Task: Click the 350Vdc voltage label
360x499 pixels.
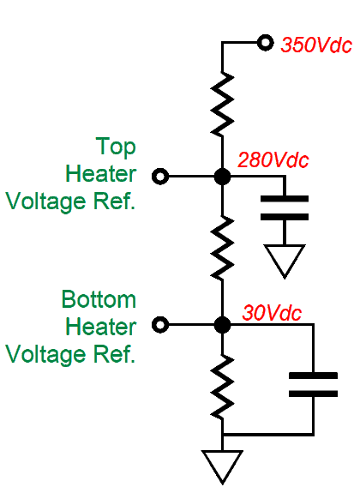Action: tap(316, 45)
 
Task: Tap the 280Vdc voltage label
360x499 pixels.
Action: tap(273, 159)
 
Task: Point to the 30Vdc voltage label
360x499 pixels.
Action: tap(272, 313)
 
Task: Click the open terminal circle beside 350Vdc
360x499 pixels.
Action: tap(265, 42)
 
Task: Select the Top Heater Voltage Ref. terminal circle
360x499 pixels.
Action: tap(160, 176)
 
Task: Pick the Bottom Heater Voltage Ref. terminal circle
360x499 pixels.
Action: tap(160, 325)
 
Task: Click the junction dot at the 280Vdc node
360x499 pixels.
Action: tap(222, 176)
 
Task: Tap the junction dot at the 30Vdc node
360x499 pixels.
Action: tap(222, 325)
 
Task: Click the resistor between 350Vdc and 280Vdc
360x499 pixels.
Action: tap(222, 105)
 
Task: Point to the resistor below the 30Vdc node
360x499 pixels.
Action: tap(222, 387)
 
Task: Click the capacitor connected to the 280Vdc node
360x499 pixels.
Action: tap(285, 208)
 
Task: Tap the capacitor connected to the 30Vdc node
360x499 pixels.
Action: tap(313, 385)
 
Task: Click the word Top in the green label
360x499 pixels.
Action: tap(116, 147)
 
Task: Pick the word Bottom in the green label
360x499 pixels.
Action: tap(99, 299)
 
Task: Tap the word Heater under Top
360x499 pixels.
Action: tap(101, 174)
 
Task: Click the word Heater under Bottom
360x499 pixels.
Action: tap(101, 327)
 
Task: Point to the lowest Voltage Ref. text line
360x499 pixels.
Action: tap(70, 355)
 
